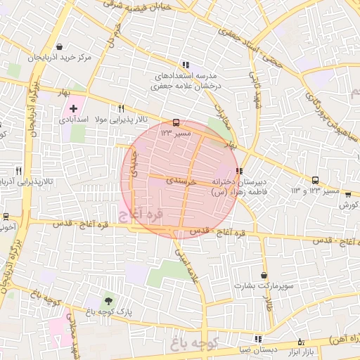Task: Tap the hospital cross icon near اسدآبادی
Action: click(73, 108)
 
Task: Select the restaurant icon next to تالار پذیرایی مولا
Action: click(121, 108)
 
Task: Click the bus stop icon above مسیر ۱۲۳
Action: click(176, 122)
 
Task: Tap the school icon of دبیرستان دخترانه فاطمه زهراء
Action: click(240, 170)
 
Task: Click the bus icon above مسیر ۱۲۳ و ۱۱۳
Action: click(314, 180)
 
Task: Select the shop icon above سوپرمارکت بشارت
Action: click(264, 275)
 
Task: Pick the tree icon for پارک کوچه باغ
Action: click(107, 301)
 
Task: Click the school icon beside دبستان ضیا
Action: click(257, 338)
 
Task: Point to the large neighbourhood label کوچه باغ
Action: click(195, 342)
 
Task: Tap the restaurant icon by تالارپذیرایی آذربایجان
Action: click(18, 170)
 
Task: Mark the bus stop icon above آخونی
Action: click(6, 216)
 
